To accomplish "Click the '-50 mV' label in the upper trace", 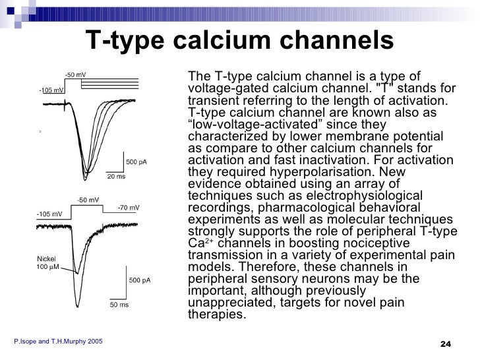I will point(75,75).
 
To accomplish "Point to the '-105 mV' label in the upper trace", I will point(51,90).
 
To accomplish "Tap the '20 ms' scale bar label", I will point(117,176).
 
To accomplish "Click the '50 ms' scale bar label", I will point(118,305).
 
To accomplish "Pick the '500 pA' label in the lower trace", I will point(140,280).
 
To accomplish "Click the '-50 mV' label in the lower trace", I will point(88,200).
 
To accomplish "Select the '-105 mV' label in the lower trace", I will point(49,214).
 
